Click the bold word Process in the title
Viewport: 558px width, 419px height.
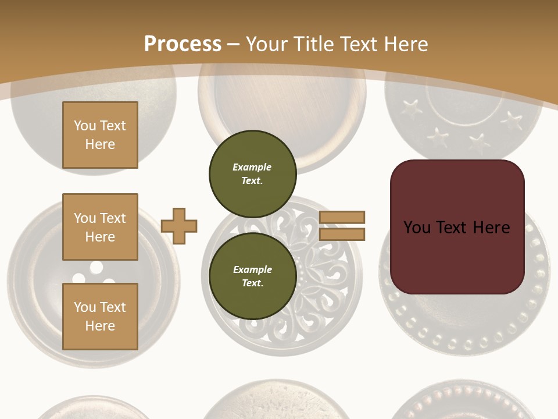183,44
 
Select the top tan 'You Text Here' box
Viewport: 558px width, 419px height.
100,135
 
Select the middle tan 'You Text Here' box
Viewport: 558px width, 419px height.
100,227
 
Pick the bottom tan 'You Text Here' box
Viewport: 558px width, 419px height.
100,316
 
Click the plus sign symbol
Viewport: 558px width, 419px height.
179,226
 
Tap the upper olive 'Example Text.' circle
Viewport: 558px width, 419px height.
252,173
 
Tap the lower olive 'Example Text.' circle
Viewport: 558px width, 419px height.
252,276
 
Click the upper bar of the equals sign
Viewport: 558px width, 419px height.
342,217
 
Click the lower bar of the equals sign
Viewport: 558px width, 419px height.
342,234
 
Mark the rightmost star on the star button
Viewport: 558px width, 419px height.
512,120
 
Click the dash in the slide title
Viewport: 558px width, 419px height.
233,44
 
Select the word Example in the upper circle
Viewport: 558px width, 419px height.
252,167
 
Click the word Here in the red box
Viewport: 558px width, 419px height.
491,228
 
